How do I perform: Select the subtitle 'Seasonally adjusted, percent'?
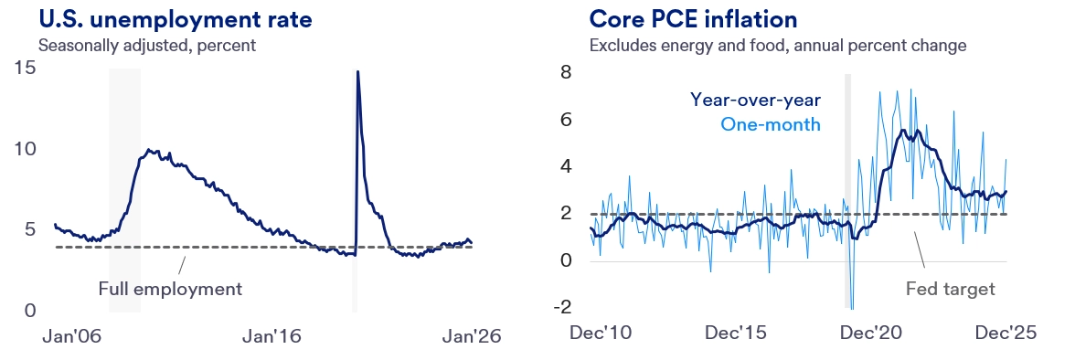tap(147, 44)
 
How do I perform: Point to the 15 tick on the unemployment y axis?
tap(25, 68)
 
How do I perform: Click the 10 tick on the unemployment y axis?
tap(25, 148)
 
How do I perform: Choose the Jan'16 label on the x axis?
tap(271, 336)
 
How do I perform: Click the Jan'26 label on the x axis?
tap(472, 336)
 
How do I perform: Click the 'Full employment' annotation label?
tap(170, 289)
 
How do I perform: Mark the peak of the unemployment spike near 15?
tap(357, 71)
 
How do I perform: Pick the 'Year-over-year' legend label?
tap(755, 99)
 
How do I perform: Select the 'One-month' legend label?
tap(771, 124)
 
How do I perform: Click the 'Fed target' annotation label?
tap(950, 289)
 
